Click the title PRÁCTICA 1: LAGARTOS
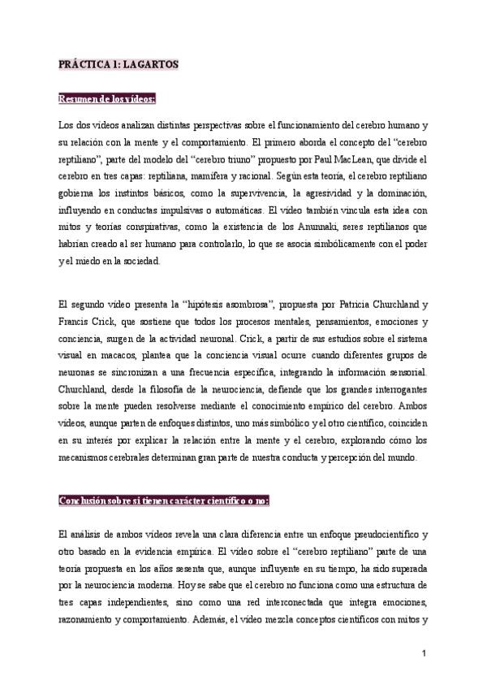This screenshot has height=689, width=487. tap(118, 63)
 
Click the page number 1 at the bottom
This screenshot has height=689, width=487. tap(424, 654)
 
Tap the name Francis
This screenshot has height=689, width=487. tap(79, 323)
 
